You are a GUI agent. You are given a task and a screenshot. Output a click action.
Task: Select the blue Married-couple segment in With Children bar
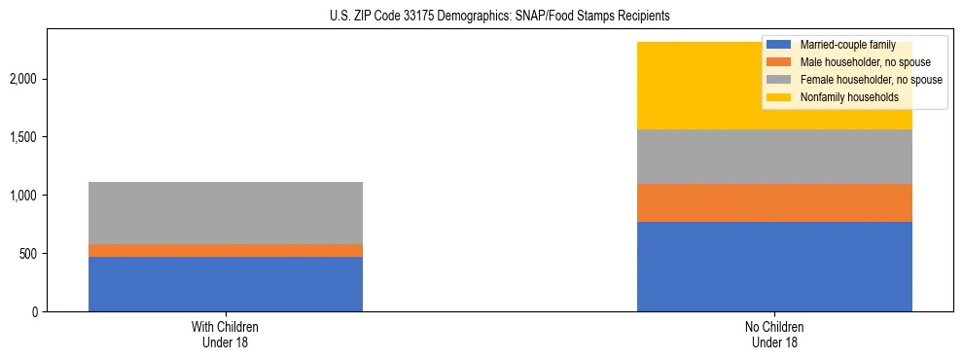tap(226, 284)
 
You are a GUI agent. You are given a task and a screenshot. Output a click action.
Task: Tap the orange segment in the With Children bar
tap(226, 250)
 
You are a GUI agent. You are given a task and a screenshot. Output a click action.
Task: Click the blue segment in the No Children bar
tap(774, 267)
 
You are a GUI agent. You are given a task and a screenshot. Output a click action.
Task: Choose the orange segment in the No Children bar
tap(774, 203)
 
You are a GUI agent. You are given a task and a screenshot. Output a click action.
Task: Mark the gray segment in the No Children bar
tap(774, 157)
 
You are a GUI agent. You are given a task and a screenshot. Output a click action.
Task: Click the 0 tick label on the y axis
tap(34, 312)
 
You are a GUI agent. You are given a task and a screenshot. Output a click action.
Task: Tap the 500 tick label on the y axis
tap(28, 254)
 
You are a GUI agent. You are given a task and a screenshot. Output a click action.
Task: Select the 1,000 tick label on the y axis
tap(24, 196)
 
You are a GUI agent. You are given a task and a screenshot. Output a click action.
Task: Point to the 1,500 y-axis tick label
tap(24, 137)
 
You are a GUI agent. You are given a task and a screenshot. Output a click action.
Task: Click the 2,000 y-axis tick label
tap(24, 79)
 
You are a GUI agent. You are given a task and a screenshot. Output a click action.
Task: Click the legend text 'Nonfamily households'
tap(842, 97)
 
